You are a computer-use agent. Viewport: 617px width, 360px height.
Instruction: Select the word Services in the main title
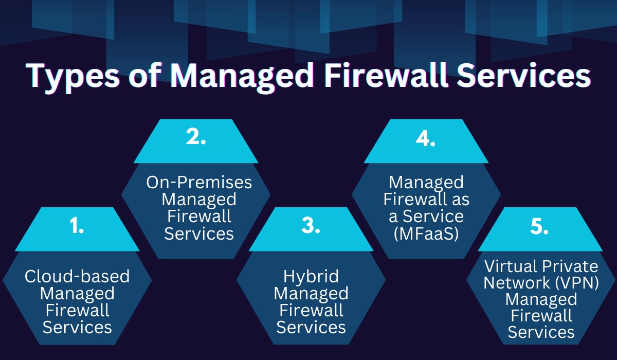point(523,75)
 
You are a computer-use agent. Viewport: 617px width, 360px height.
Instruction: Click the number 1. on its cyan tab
point(77,226)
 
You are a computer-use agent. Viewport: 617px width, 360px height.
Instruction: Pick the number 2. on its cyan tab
point(196,137)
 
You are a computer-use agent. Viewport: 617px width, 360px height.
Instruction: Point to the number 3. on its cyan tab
point(311,226)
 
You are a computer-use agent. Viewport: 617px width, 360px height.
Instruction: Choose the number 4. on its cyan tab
point(425,138)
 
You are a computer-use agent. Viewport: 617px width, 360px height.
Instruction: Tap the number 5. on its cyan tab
point(539,226)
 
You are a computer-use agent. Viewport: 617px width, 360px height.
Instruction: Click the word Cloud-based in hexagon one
point(77,276)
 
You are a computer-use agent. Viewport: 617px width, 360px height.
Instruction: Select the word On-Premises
point(199,182)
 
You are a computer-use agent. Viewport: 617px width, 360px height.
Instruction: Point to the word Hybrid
point(311,277)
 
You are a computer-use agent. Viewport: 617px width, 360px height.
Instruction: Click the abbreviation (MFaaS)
point(426,234)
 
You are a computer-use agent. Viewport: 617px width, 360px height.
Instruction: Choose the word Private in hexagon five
point(570,266)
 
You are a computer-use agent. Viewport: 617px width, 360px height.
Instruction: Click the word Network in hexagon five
point(517,283)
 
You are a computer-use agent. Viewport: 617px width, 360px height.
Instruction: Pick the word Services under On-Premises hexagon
point(199,233)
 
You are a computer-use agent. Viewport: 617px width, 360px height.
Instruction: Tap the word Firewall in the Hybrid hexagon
point(311,311)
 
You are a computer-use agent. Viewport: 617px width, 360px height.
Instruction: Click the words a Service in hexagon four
point(426,217)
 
